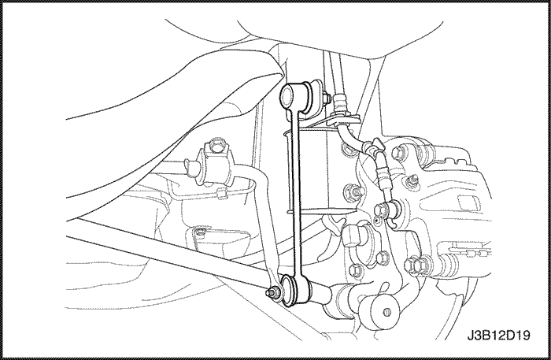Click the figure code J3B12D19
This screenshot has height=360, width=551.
coord(498,335)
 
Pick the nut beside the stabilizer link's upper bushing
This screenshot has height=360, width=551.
coord(326,98)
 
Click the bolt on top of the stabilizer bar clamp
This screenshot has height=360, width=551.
coord(215,146)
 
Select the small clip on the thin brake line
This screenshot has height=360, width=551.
coord(221,193)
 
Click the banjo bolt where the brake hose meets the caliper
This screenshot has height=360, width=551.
coord(383,210)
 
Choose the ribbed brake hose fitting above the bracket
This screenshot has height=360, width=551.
coord(340,102)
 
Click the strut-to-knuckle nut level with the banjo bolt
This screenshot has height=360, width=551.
coord(355,192)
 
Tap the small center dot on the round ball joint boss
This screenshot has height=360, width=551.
coord(387,312)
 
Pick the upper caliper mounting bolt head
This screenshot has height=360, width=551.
coord(398,152)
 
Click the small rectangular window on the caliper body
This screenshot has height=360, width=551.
coord(468,202)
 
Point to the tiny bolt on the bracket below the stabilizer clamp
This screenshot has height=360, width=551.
coord(200,232)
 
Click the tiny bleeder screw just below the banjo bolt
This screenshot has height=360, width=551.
coord(377,221)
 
